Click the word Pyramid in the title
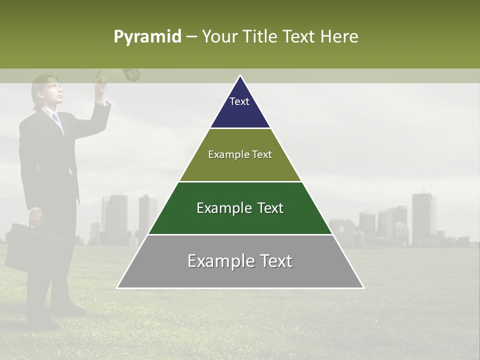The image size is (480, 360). [147, 36]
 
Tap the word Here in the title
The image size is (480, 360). [339, 36]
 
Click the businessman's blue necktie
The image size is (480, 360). [57, 120]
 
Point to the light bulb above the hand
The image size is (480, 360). [131, 74]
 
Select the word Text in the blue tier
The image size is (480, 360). [239, 101]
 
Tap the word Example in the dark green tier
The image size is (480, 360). [223, 208]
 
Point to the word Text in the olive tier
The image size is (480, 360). [261, 154]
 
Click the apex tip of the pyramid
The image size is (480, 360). [240, 76]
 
